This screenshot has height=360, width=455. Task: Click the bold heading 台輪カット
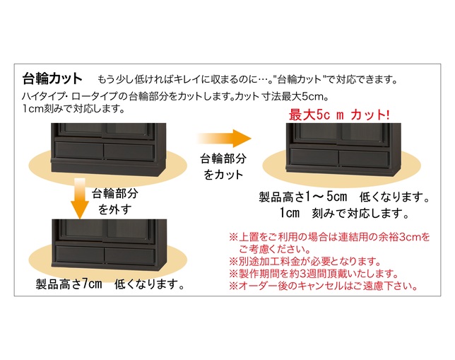tap(53, 78)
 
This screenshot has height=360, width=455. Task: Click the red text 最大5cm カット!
tap(340, 114)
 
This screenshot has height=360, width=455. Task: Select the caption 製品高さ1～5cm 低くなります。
tap(344, 196)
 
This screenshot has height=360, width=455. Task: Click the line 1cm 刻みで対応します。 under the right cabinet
tap(343, 212)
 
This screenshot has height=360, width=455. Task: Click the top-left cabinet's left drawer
tap(78, 151)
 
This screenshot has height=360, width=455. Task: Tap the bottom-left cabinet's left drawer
tap(79, 256)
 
